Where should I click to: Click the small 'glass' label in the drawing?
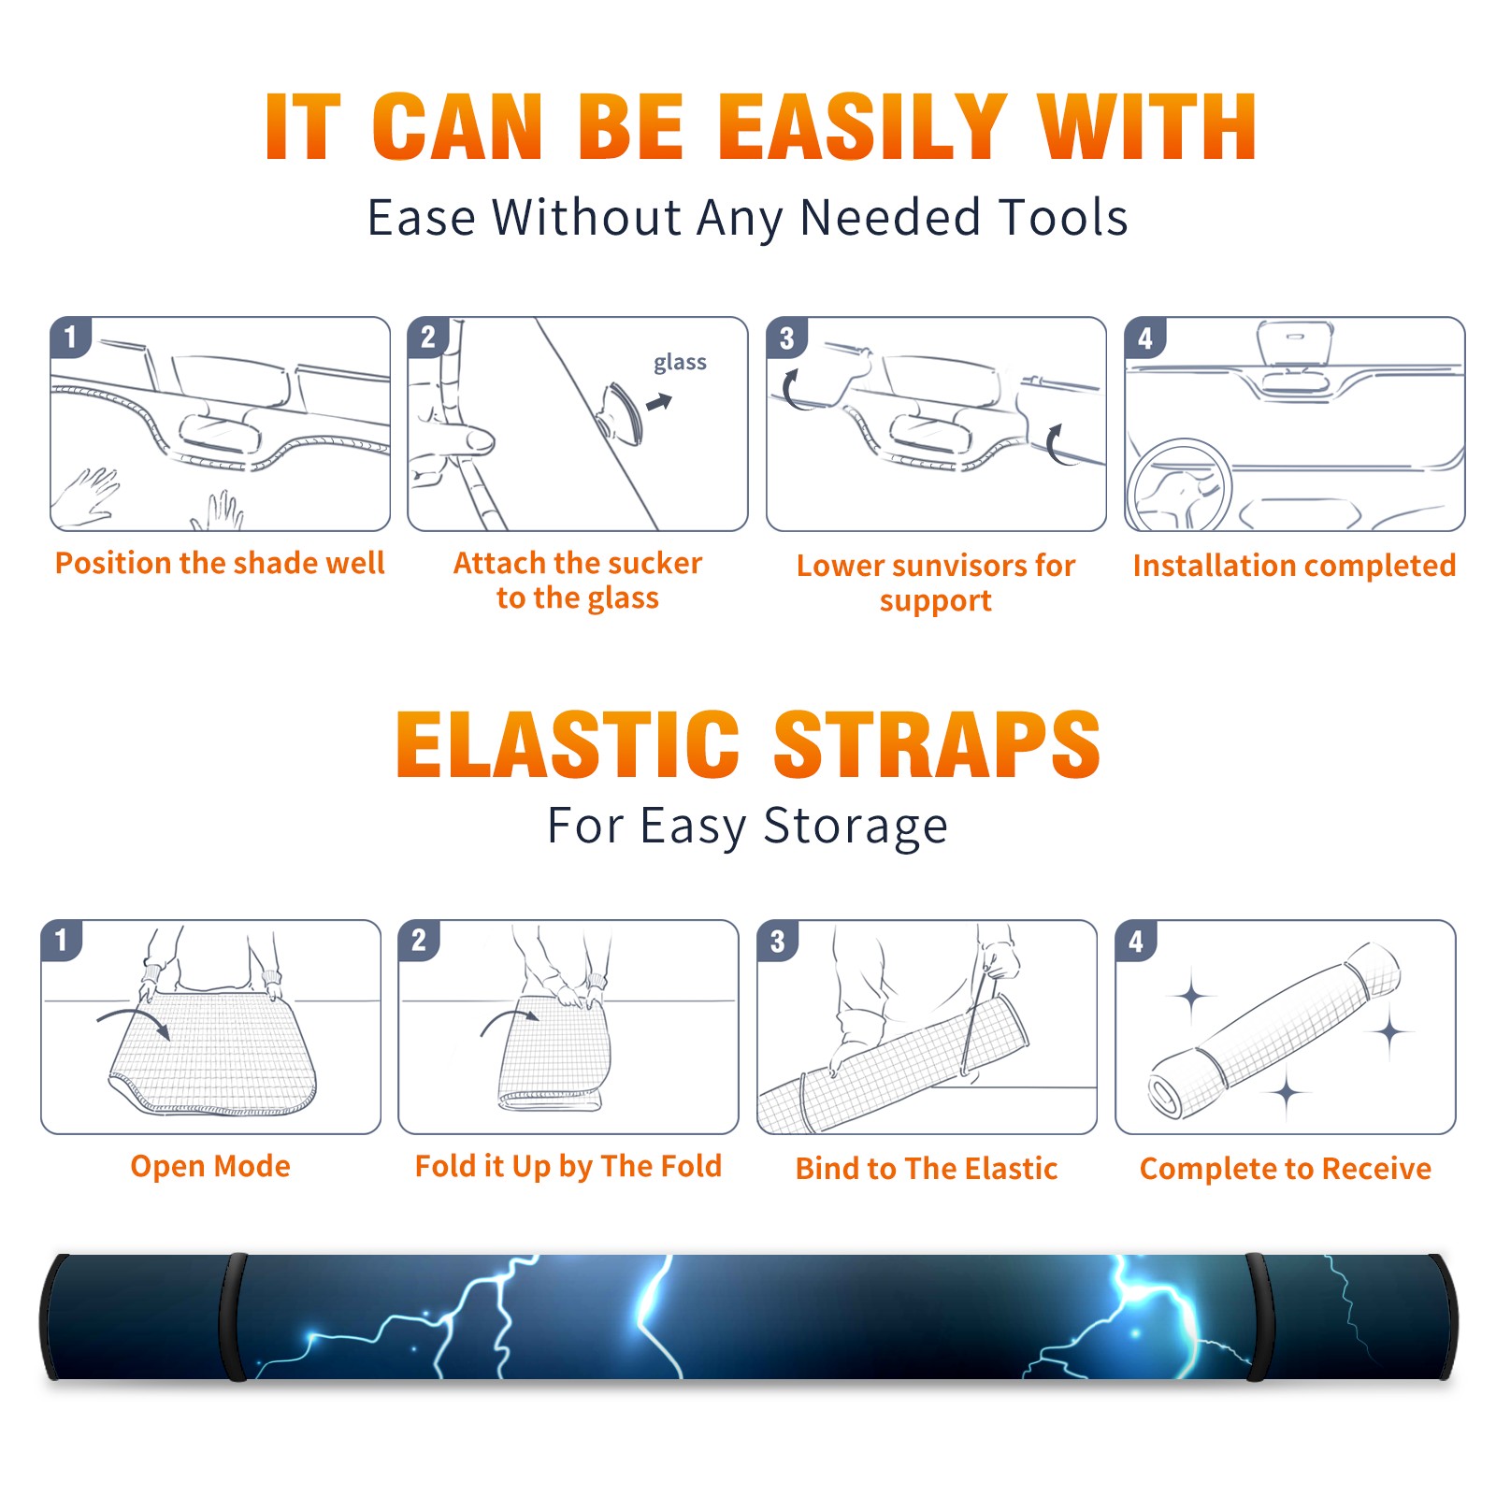680,363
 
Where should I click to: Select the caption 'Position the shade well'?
220,563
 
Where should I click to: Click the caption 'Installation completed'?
1294,566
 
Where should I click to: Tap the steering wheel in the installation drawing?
1179,485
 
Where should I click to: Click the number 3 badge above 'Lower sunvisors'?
785,338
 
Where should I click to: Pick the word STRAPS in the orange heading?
937,744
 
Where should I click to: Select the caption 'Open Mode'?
210,1166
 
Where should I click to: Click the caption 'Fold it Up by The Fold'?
568,1166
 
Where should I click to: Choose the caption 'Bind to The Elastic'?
927,1169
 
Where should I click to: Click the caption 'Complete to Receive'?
1286,1169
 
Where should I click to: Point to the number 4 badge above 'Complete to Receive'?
1135,941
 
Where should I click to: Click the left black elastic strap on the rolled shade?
233,1316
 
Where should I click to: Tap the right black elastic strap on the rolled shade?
1259,1316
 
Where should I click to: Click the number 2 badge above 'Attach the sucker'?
427,338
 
